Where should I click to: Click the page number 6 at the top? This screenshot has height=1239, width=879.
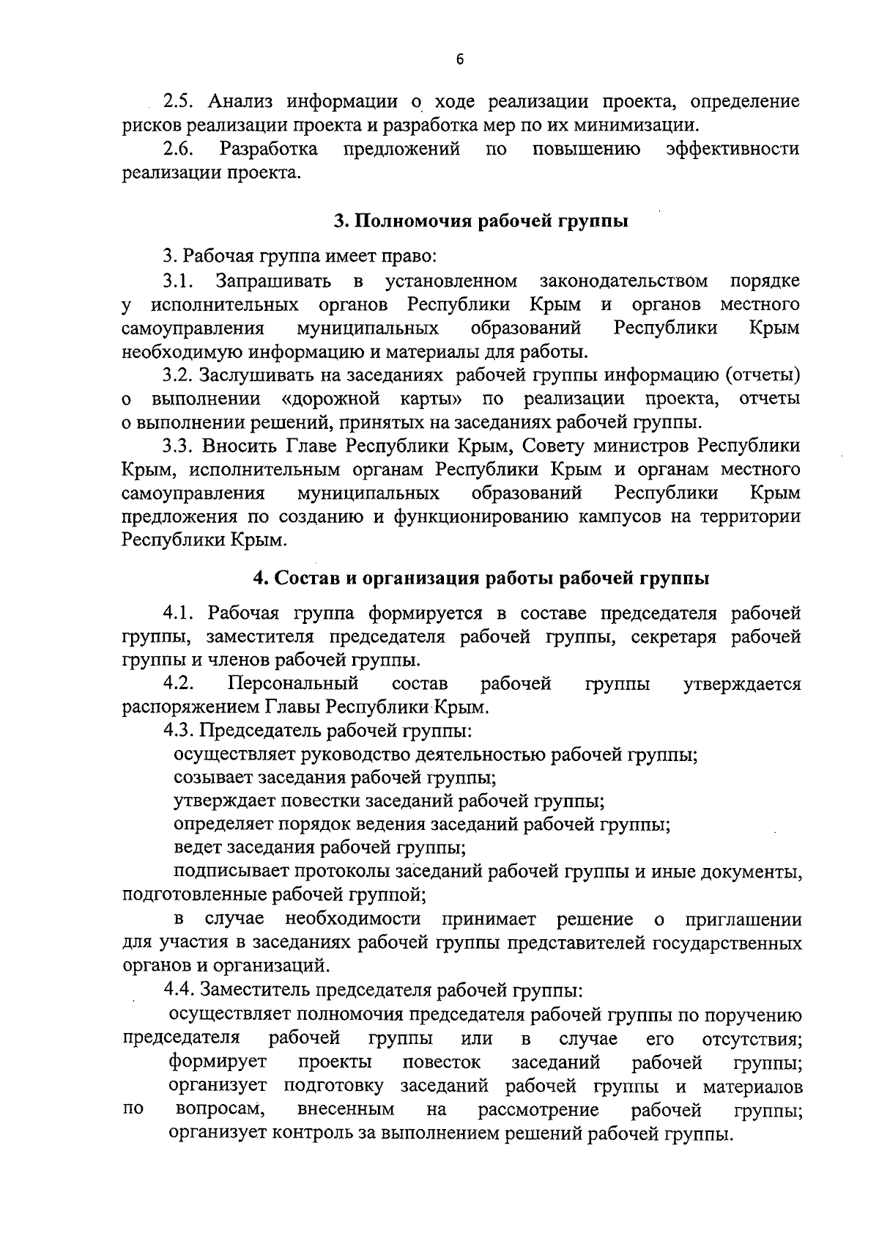pyautogui.click(x=459, y=62)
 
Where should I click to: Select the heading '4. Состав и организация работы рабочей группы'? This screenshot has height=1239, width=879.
pyautogui.click(x=481, y=578)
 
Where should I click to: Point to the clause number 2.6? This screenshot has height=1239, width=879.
pyautogui.click(x=178, y=150)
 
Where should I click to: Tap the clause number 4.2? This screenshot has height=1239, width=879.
pyautogui.click(x=178, y=684)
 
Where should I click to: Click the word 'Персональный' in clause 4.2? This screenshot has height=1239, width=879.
pyautogui.click(x=293, y=684)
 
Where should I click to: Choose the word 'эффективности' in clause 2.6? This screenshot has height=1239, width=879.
pyautogui.click(x=732, y=150)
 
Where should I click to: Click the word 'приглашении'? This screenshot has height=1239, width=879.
pyautogui.click(x=743, y=919)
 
